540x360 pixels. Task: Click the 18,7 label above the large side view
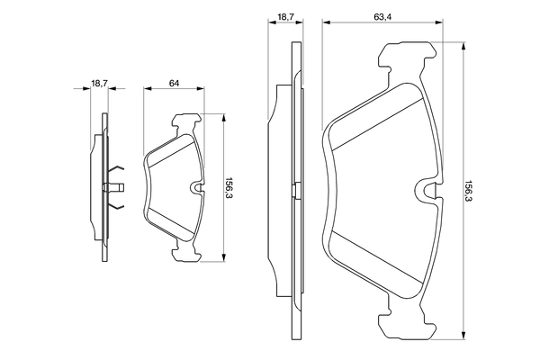[285, 16]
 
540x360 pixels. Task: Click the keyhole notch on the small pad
[200, 187]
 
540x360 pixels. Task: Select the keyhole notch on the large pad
[431, 189]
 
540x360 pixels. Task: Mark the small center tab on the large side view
[292, 188]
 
